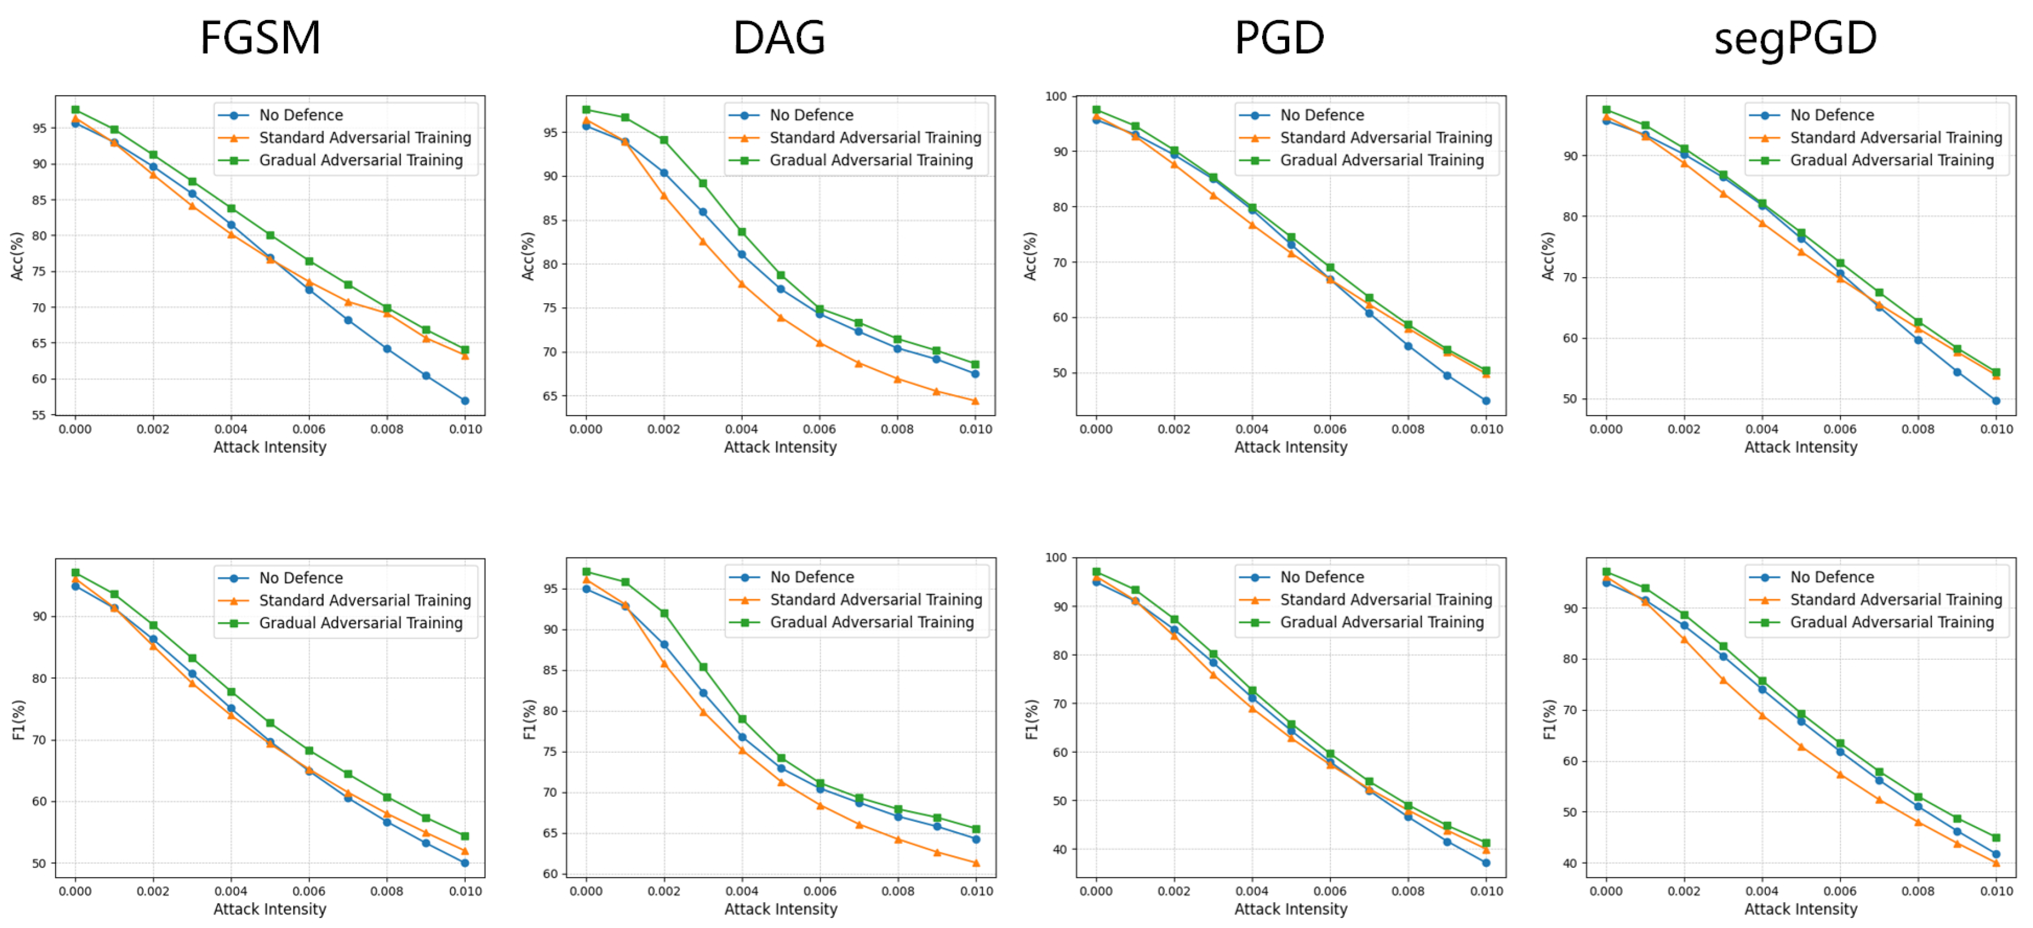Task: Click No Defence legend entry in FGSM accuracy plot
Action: (301, 115)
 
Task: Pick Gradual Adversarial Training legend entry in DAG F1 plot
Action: (871, 622)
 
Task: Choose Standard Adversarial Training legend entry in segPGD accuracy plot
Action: (1895, 138)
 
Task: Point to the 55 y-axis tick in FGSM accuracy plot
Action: (39, 415)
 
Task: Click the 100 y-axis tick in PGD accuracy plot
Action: (1055, 96)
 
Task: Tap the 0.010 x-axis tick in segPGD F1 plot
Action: (1996, 891)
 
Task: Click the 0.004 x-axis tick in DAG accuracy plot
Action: (741, 429)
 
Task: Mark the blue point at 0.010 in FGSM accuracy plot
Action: (465, 401)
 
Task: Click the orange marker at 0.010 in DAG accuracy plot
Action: (975, 401)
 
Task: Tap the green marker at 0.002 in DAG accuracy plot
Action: (664, 140)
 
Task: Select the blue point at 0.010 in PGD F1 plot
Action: (1486, 862)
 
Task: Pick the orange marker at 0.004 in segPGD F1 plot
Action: (1762, 716)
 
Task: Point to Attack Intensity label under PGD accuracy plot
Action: (1290, 447)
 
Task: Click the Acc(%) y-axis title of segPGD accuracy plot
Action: (1547, 257)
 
